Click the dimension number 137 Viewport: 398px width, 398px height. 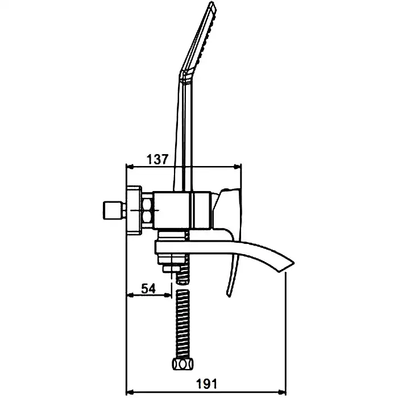pyautogui.click(x=157, y=159)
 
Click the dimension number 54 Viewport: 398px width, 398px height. pyautogui.click(x=148, y=288)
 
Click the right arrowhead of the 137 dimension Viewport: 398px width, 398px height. pyautogui.click(x=239, y=167)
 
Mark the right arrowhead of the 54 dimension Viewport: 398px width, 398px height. pyautogui.click(x=169, y=295)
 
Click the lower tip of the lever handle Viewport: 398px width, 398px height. pyautogui.click(x=229, y=293)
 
